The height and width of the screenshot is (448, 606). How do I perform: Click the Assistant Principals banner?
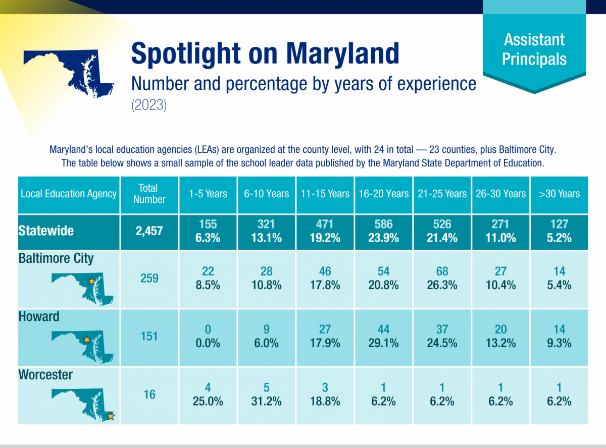(x=534, y=49)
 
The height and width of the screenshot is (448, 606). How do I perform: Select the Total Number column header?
(x=149, y=194)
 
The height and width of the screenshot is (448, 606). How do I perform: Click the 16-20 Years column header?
(x=384, y=194)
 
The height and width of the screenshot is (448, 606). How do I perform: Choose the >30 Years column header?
(x=559, y=194)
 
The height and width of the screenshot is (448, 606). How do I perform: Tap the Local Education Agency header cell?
(x=69, y=194)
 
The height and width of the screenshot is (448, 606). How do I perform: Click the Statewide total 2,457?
(x=149, y=231)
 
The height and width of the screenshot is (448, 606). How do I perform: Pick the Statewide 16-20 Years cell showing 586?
(x=384, y=231)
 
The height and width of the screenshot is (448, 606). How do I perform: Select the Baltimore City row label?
(x=56, y=259)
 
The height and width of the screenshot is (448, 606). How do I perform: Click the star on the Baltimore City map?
(x=91, y=281)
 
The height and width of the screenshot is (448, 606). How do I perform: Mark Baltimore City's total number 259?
(x=149, y=278)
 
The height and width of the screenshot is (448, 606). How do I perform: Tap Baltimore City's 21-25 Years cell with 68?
(x=442, y=278)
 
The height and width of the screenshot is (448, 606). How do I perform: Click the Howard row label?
(x=39, y=317)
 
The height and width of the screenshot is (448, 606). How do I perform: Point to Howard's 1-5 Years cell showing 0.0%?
(x=208, y=337)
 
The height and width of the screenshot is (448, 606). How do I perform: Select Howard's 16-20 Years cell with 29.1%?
(x=384, y=337)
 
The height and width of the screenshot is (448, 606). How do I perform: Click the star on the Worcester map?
(x=111, y=417)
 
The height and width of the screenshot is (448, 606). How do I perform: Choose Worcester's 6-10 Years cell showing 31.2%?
(x=266, y=395)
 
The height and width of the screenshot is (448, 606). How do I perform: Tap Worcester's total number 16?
(x=149, y=395)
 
